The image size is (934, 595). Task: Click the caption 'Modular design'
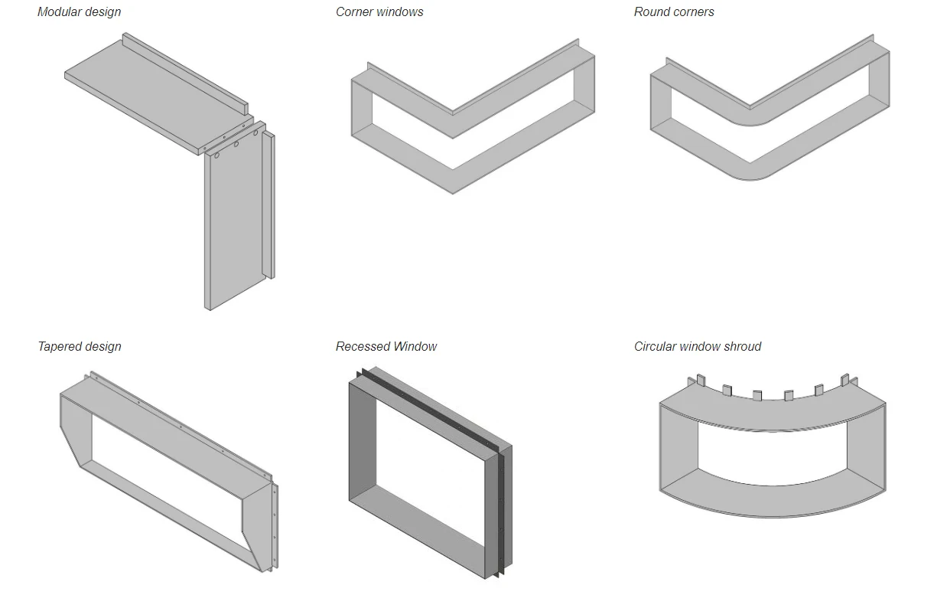click(x=79, y=11)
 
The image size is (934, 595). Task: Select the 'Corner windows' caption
click(x=379, y=11)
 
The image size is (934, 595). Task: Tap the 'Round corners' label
click(x=674, y=11)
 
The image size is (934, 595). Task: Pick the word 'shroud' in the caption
click(x=742, y=346)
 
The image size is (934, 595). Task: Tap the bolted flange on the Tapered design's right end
click(x=275, y=528)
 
